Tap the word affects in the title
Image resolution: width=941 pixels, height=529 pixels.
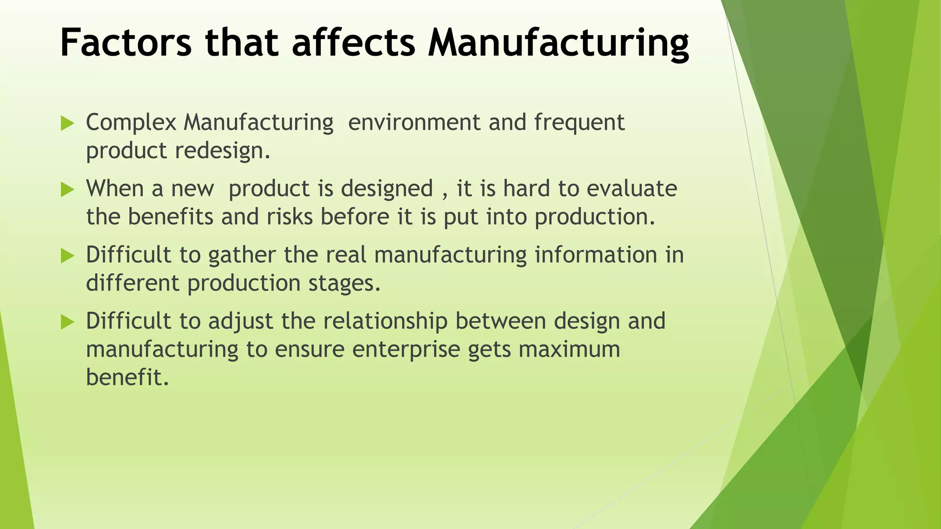point(353,43)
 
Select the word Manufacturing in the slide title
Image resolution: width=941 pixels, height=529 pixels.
point(558,43)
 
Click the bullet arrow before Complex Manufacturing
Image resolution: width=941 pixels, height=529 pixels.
point(67,123)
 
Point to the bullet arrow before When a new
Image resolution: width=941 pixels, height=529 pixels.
point(67,189)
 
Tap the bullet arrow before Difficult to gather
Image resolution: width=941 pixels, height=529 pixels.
point(67,255)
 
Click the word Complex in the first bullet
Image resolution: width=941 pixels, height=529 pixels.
point(131,123)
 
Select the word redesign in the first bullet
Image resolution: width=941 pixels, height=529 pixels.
point(223,151)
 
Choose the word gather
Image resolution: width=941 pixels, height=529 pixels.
point(242,255)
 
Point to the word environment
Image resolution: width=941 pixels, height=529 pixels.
point(414,123)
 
